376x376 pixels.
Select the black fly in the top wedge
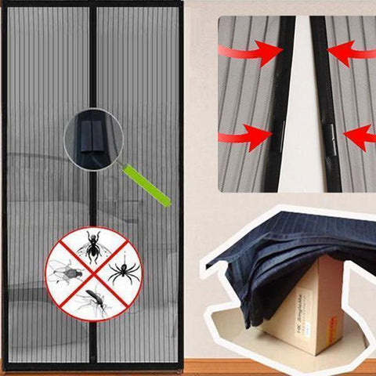[x=93, y=247]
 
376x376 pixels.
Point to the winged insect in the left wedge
[x=63, y=273]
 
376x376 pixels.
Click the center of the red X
[x=93, y=273]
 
